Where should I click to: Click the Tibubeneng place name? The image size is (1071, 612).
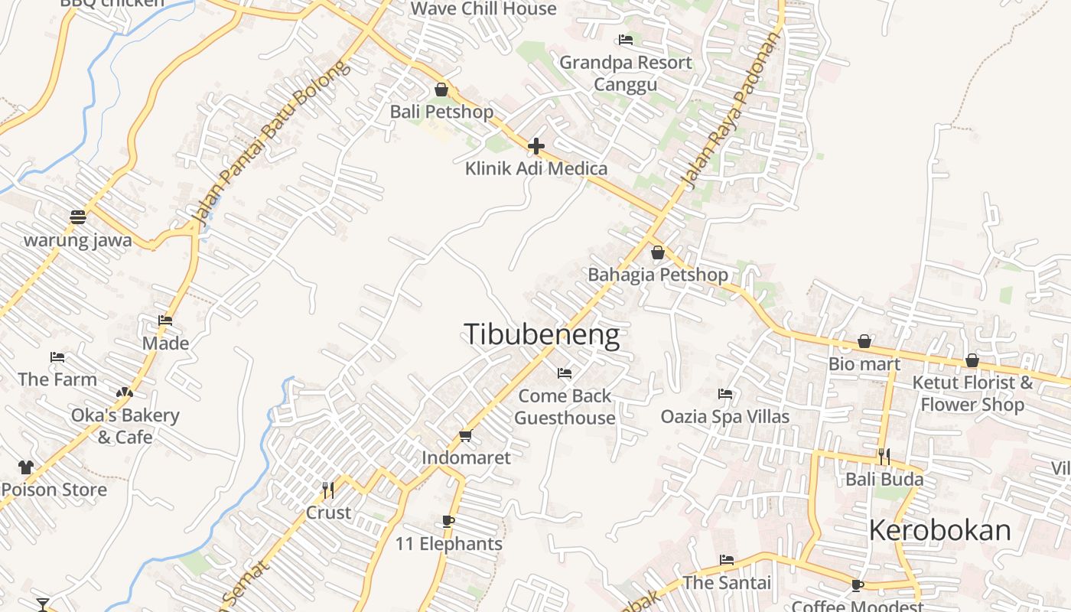point(542,335)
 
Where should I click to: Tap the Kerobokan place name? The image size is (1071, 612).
point(939,530)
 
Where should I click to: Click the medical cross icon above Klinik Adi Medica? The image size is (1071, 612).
point(536,145)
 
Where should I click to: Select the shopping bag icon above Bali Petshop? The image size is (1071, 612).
point(441,90)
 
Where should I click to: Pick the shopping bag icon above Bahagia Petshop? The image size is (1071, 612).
point(657,252)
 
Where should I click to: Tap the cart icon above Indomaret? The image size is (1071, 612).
point(465,435)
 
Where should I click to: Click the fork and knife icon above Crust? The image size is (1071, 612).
point(328,490)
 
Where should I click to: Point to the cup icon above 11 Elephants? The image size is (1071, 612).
point(448,522)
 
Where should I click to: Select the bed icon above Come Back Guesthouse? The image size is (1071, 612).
point(565,373)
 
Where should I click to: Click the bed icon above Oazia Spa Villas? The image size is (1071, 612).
point(725,394)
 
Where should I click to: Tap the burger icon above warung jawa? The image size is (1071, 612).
point(77,217)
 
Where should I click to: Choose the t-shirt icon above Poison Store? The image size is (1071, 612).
point(26,467)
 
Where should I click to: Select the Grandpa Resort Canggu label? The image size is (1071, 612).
point(625,73)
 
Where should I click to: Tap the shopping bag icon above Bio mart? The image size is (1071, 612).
point(864,341)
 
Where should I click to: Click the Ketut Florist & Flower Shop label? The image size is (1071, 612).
point(972,393)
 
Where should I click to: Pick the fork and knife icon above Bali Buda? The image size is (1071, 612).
point(884,457)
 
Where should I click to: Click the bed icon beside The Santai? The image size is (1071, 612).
point(727,560)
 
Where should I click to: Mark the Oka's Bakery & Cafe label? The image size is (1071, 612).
point(125,426)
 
